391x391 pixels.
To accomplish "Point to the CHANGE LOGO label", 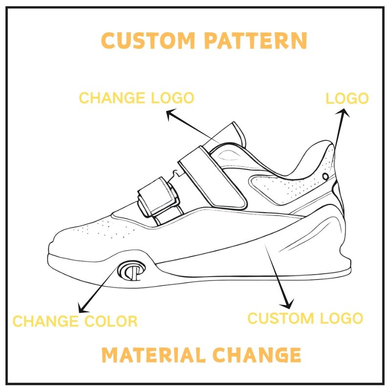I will [136, 98].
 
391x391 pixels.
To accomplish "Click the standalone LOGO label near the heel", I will [347, 99].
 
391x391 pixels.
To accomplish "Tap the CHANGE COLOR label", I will [75, 321].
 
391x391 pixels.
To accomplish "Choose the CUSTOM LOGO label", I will [305, 318].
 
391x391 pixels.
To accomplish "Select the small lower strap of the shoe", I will [158, 198].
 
